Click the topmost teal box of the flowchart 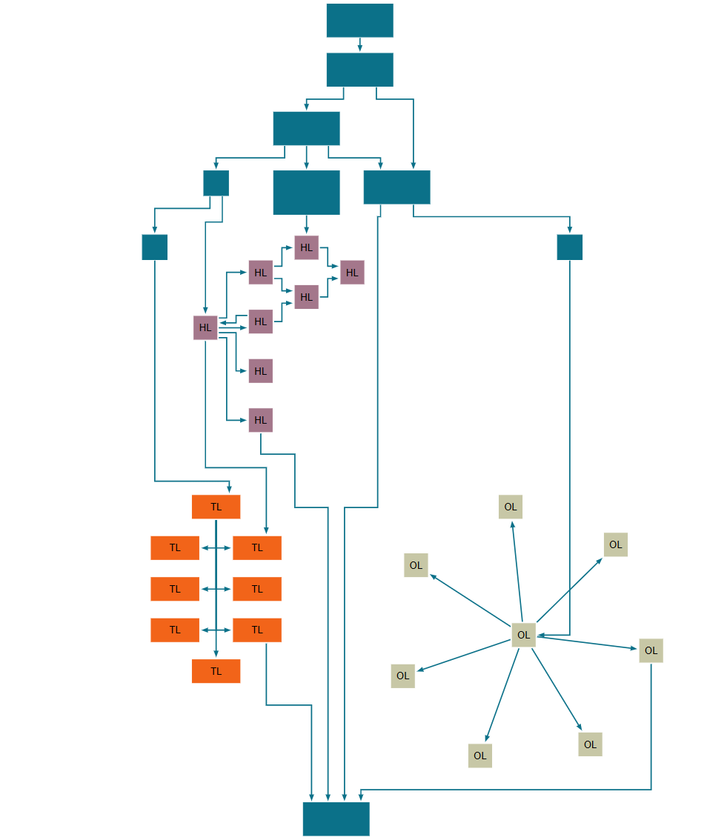coord(359,20)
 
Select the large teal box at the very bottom coord(336,819)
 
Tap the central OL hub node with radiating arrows coord(523,635)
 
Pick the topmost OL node coord(510,507)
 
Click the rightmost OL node coord(651,650)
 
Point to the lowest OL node coord(479,756)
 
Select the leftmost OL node coord(402,676)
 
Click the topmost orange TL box coord(216,507)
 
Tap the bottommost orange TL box coord(216,671)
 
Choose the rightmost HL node coord(352,273)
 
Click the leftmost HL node coord(205,327)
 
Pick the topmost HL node coord(306,247)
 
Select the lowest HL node coord(260,420)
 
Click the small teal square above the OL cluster coord(569,247)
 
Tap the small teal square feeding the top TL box coord(154,247)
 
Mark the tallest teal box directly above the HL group coord(306,193)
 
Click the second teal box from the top coord(359,70)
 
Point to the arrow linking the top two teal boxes coord(359,44)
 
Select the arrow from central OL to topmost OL coord(517,571)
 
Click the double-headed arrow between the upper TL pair coord(216,548)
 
